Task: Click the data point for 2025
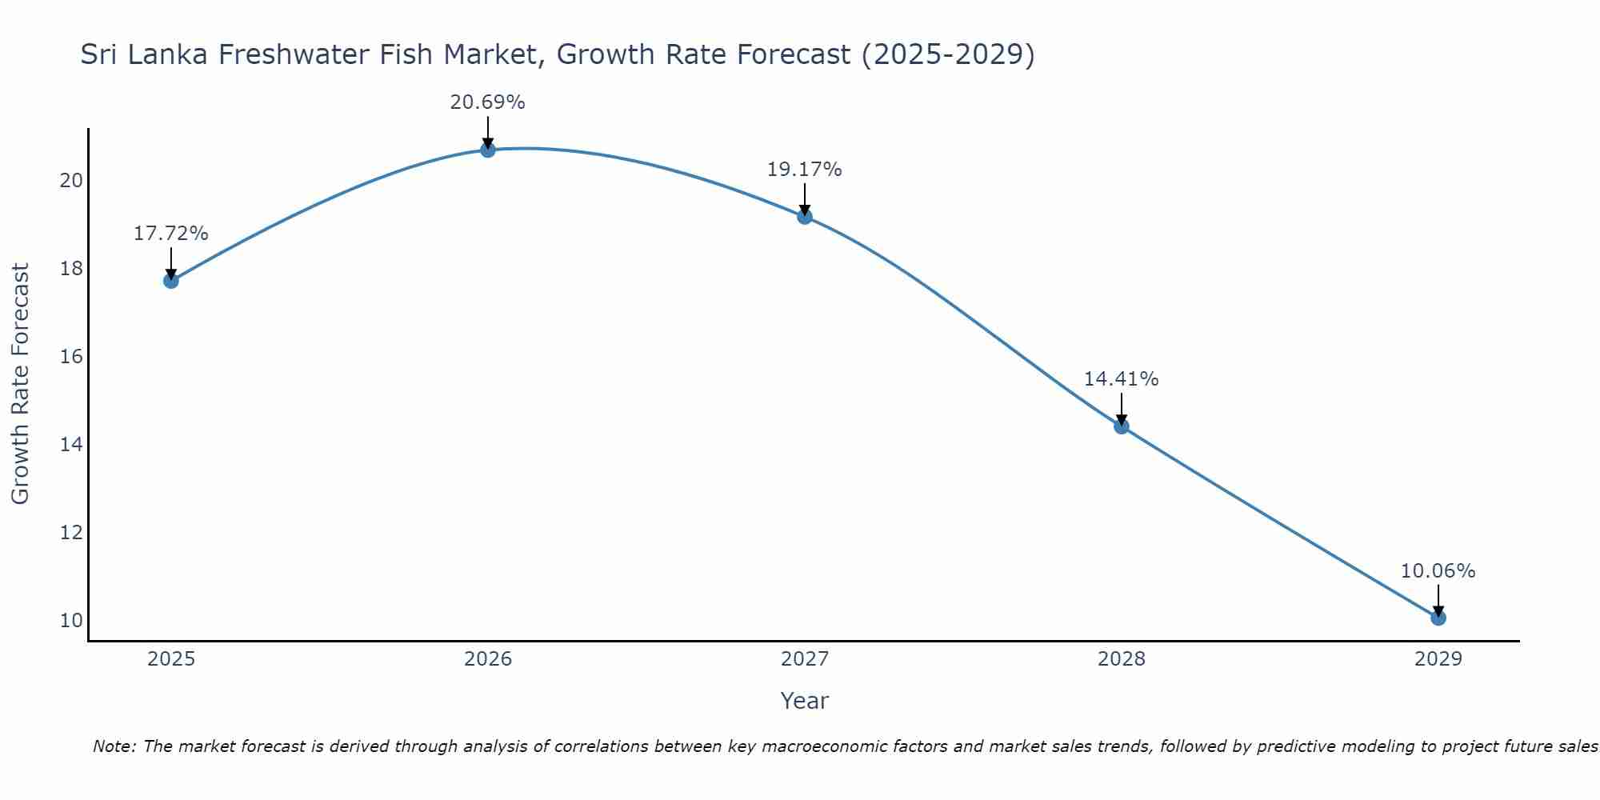coord(170,281)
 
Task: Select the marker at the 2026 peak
coord(488,150)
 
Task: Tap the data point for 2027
coord(805,217)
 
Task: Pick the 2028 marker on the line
coord(1122,426)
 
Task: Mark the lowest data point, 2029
coord(1438,618)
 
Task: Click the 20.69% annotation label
coord(487,102)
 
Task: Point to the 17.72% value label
coord(170,234)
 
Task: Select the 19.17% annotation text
coord(804,170)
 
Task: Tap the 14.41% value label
coord(1121,379)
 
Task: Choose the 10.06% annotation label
coord(1438,571)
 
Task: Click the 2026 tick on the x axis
coord(488,659)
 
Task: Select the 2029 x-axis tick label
coord(1438,659)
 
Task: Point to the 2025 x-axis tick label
coord(171,659)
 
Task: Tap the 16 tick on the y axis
coord(71,356)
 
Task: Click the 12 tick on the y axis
coord(71,532)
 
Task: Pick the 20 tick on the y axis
coord(71,180)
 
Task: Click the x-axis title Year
coord(804,701)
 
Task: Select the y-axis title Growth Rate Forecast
coord(21,384)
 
